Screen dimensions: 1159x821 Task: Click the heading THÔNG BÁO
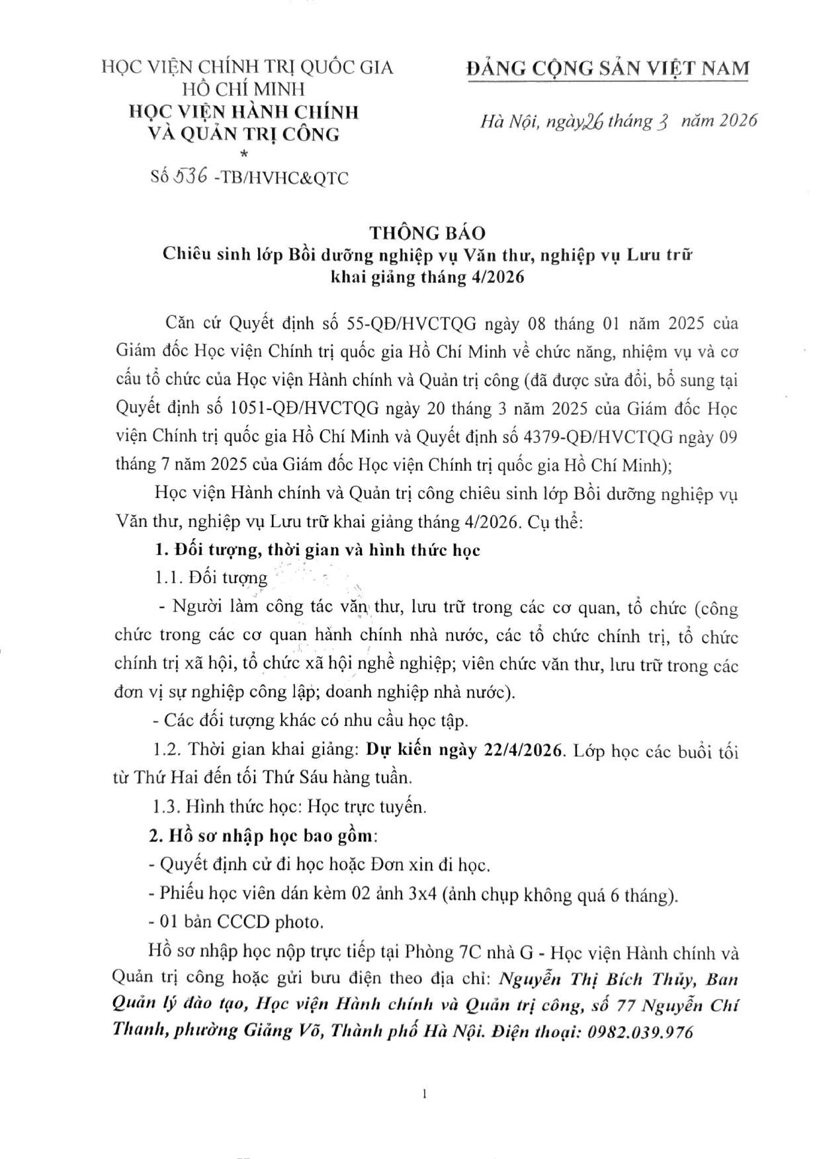[427, 233]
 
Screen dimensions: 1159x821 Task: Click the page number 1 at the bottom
[424, 1094]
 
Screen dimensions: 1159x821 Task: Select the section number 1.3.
[165, 807]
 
